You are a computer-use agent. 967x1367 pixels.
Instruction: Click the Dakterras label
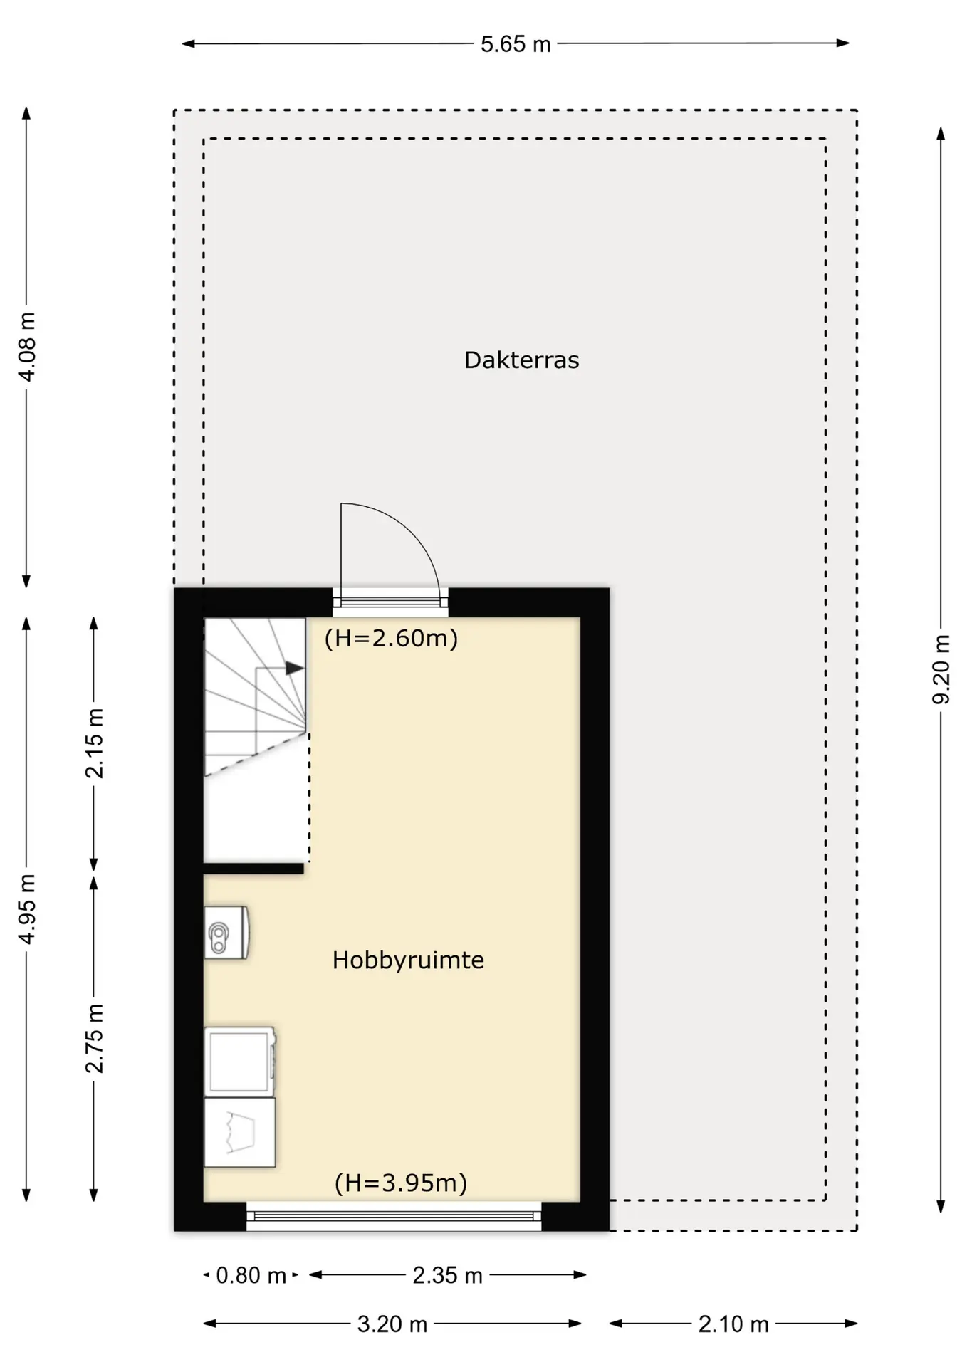point(521,360)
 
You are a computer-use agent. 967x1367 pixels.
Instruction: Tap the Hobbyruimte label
point(408,960)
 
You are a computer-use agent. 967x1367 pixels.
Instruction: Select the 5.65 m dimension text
point(516,44)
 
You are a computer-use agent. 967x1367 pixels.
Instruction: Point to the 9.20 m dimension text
point(941,670)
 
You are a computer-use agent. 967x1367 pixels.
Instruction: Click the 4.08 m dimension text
point(27,347)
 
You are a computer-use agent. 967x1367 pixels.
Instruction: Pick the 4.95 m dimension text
point(27,909)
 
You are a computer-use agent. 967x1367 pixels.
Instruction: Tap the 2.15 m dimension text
point(94,743)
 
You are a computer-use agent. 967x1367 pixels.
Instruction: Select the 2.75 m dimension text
point(94,1038)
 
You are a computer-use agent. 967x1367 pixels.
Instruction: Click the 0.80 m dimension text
point(251,1275)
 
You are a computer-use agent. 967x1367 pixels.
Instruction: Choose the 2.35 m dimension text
point(447,1275)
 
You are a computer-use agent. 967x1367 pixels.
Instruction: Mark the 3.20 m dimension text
point(392,1324)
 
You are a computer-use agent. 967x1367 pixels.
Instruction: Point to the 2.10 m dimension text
point(733,1324)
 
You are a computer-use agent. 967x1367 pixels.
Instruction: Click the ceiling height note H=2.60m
point(391,638)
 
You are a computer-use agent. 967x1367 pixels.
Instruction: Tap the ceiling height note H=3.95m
point(401,1183)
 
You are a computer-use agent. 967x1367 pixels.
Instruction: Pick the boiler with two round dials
point(226,933)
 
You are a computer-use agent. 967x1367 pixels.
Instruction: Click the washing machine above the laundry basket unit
point(240,1062)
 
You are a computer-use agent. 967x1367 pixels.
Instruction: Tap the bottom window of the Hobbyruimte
point(394,1216)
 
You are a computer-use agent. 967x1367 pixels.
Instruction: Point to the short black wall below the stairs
point(253,869)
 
